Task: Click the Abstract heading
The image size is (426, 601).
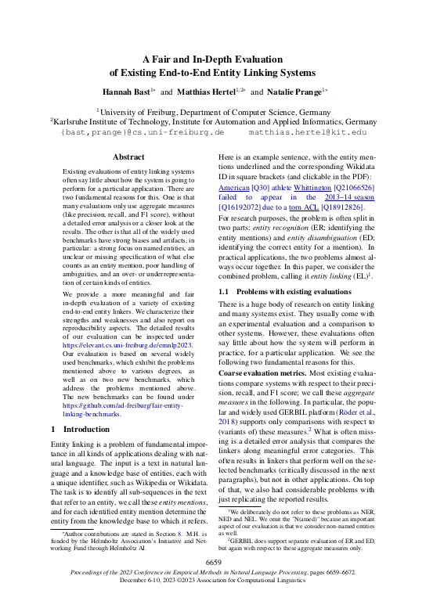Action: click(x=128, y=157)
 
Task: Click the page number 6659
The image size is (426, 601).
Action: click(x=213, y=563)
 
